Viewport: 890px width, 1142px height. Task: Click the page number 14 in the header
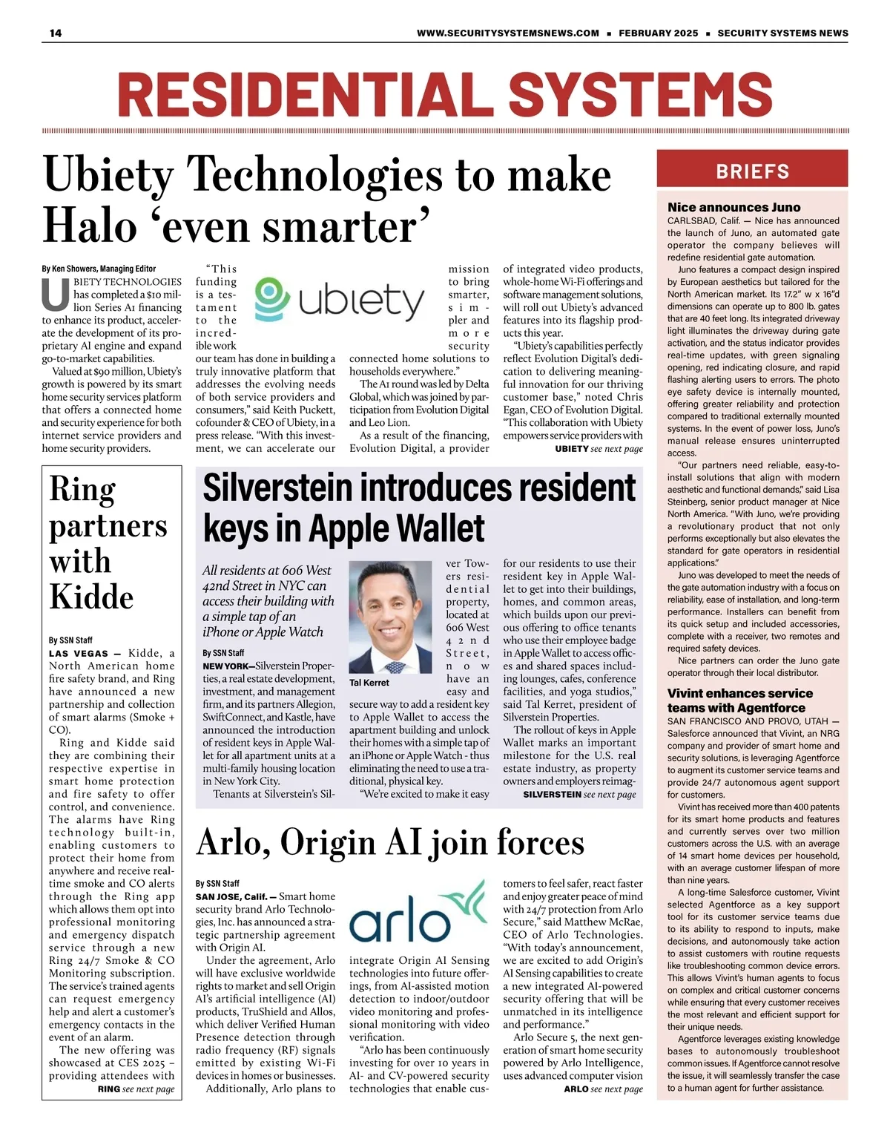[x=56, y=33]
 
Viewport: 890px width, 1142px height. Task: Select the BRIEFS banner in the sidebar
[x=752, y=171]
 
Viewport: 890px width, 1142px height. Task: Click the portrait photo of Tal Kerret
[x=394, y=617]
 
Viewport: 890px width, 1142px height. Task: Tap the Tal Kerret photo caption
[x=369, y=682]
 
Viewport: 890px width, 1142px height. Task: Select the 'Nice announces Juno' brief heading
[x=734, y=207]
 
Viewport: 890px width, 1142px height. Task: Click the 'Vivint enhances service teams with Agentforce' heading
[x=739, y=700]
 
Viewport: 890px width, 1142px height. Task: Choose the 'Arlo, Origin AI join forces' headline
[x=390, y=842]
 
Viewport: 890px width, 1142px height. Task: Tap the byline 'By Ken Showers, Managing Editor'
[x=99, y=269]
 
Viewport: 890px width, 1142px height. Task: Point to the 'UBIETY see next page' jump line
[x=599, y=449]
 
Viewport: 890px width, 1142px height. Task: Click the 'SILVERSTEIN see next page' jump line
[x=579, y=794]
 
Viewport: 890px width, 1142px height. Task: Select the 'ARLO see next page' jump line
[x=603, y=1089]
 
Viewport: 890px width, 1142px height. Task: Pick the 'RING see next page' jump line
[x=136, y=1089]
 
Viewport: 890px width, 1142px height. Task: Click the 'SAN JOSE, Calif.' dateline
[x=231, y=896]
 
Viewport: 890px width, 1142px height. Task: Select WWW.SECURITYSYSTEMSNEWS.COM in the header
[x=507, y=33]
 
